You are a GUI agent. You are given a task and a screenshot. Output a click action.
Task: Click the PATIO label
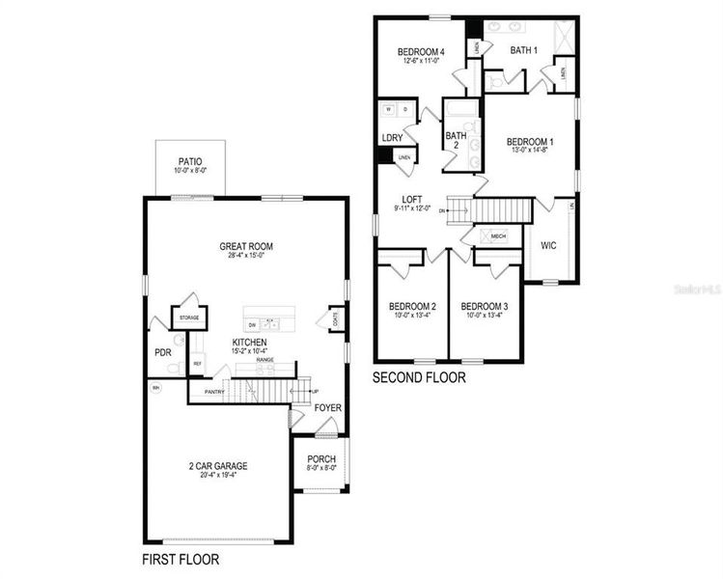pyautogui.click(x=190, y=161)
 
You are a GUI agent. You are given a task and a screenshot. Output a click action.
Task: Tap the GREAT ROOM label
pyautogui.click(x=241, y=247)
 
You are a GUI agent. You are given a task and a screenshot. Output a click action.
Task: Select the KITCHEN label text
pyautogui.click(x=249, y=343)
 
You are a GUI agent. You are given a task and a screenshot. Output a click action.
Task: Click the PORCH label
pyautogui.click(x=320, y=458)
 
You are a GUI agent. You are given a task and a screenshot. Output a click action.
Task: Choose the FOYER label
pyautogui.click(x=328, y=408)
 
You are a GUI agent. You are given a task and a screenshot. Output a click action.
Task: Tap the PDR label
pyautogui.click(x=162, y=352)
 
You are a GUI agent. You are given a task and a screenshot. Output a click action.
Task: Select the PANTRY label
pyautogui.click(x=214, y=392)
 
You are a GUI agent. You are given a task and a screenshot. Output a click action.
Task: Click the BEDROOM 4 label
pyautogui.click(x=422, y=51)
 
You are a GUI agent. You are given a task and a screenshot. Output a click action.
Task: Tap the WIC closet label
pyautogui.click(x=548, y=245)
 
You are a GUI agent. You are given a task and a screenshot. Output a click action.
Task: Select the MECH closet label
pyautogui.click(x=498, y=235)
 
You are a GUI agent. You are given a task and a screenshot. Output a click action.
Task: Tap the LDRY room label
pyautogui.click(x=392, y=137)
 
